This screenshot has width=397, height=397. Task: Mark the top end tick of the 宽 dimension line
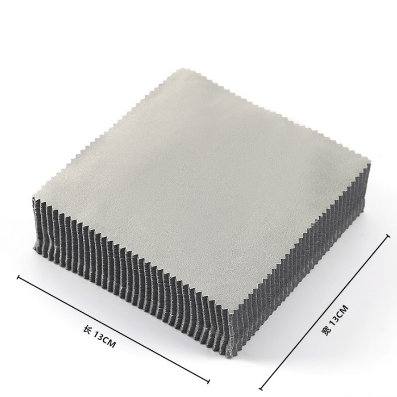387,236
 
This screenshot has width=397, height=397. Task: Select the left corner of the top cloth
33,196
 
